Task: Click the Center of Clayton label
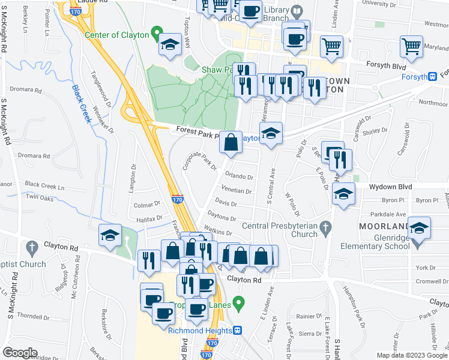point(116,35)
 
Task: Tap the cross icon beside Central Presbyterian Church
point(326,227)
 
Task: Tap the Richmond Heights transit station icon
point(238,331)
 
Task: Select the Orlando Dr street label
point(239,177)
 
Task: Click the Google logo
point(20,353)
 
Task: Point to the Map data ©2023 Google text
point(411,355)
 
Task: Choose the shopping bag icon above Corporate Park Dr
point(231,143)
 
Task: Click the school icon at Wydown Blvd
point(343,194)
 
